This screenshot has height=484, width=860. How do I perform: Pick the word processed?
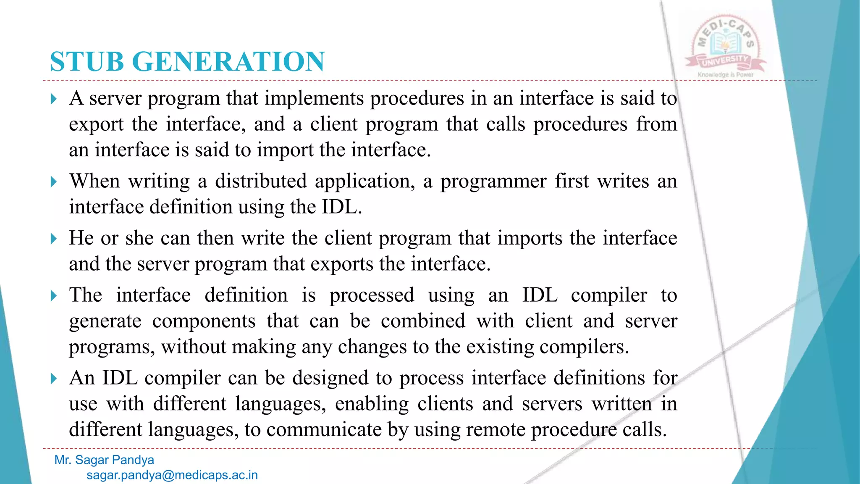372,296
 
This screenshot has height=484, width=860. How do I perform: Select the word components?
204,322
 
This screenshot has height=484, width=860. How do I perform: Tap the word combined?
423,321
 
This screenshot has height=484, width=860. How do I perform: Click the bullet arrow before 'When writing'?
53,182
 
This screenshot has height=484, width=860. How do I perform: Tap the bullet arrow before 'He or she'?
53,239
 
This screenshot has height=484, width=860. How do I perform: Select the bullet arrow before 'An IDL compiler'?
53,379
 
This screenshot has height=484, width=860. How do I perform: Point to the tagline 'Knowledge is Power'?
726,75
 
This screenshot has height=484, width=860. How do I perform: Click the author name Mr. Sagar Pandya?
104,460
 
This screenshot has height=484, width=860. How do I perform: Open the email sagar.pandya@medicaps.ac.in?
172,475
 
